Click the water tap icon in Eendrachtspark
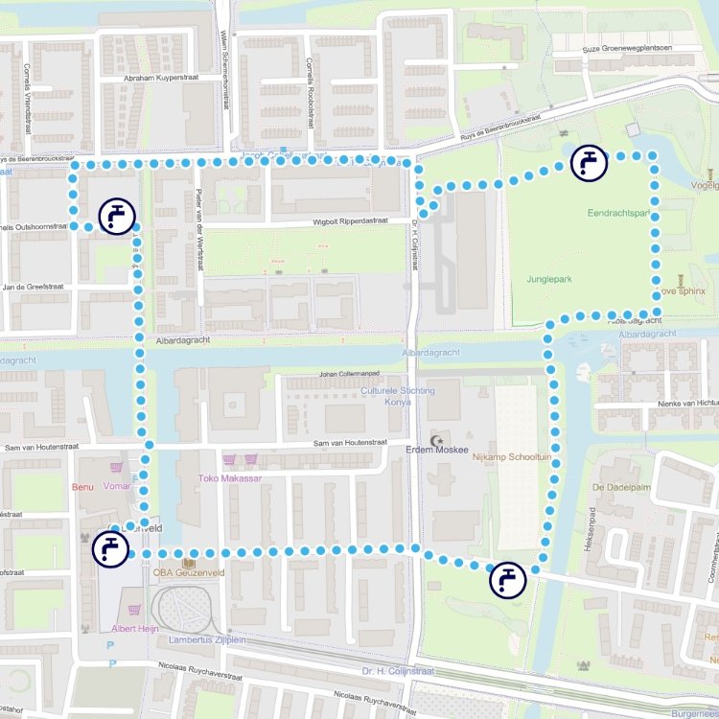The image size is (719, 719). pyautogui.click(x=589, y=163)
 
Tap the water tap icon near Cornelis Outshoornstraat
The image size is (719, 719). pyautogui.click(x=117, y=217)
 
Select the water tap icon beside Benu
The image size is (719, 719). pyautogui.click(x=110, y=549)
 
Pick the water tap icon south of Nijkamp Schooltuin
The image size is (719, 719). pyautogui.click(x=507, y=580)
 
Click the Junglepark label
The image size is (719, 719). pyautogui.click(x=548, y=279)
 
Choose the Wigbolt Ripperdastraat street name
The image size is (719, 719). pyautogui.click(x=350, y=221)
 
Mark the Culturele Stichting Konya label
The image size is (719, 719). pyautogui.click(x=398, y=396)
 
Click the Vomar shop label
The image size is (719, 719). pyautogui.click(x=116, y=486)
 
